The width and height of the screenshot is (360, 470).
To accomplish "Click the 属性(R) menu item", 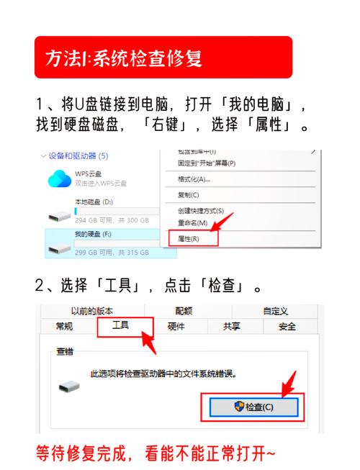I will point(189,238).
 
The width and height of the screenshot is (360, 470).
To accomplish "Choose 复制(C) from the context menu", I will point(188,194).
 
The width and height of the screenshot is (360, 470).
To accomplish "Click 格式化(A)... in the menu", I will point(194,178).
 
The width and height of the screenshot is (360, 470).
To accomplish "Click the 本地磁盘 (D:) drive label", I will point(94,202).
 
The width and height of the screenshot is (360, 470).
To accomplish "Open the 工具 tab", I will point(121,326).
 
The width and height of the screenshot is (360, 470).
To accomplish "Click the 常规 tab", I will point(64,327).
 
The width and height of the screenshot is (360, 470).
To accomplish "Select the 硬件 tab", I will point(176,327).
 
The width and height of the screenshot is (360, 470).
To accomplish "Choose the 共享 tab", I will point(232,327).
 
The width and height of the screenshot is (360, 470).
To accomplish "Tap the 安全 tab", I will point(287,327).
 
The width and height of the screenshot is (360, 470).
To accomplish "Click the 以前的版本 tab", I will point(94,311).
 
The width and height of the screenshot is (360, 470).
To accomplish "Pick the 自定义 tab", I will point(274,311).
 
